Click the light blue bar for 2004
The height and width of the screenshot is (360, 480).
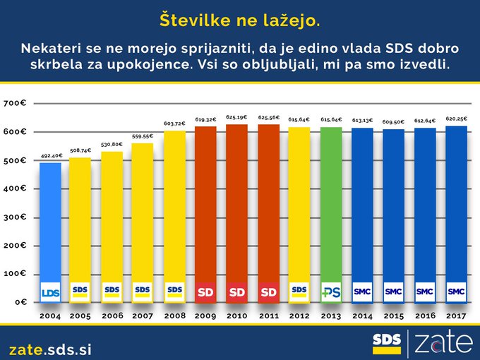50,219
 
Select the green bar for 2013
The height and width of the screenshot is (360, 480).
331,205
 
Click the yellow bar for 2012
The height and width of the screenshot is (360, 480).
299,205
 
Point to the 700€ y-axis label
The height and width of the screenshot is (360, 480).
15,104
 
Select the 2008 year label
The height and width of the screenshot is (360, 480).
174,316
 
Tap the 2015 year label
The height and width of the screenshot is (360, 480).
394,316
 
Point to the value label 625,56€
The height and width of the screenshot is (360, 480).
268,119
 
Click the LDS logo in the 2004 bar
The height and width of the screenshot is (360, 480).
50,292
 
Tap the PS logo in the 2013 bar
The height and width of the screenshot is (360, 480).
331,291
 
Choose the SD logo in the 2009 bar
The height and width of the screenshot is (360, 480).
205,291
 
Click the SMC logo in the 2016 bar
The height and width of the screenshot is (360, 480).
425,290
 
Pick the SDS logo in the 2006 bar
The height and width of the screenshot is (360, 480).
112,289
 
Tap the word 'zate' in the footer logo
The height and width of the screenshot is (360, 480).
442,343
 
